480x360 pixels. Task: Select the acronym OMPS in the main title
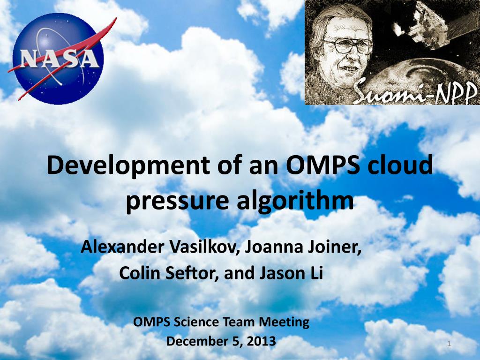(322, 165)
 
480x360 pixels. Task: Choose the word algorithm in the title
(295, 201)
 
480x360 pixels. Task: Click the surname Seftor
(192, 273)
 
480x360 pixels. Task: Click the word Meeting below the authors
(284, 322)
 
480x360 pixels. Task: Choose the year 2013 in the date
(261, 341)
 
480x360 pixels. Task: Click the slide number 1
(449, 344)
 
